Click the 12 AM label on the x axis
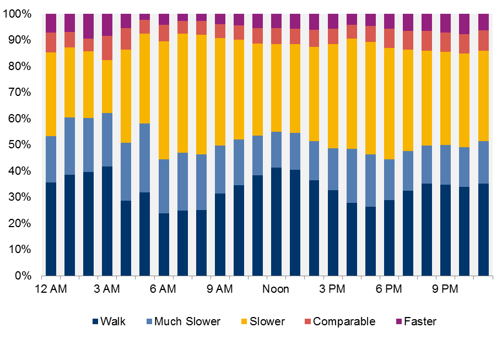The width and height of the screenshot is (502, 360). (x=51, y=289)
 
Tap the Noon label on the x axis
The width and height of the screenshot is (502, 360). (x=276, y=289)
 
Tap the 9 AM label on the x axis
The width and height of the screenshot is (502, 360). (x=219, y=289)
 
